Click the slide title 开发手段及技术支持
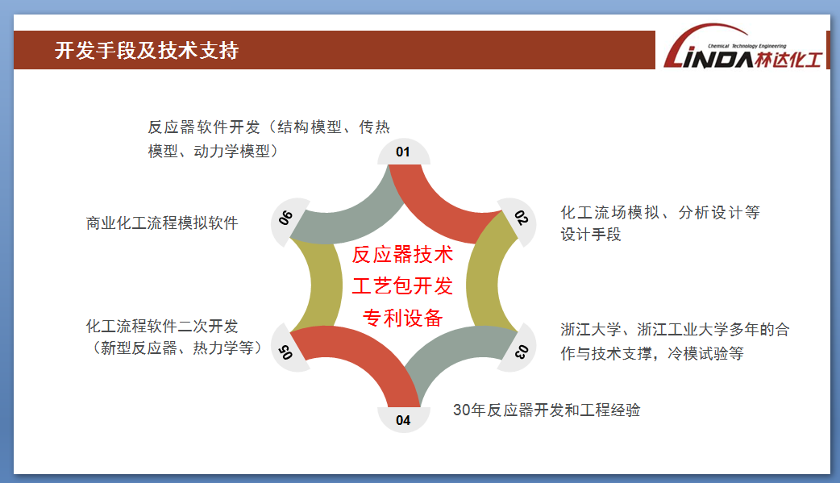[146, 50]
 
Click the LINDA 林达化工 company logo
[743, 48]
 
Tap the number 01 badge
[403, 152]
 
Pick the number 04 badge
[403, 419]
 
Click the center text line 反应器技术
[403, 255]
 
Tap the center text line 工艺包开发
[403, 286]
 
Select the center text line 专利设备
[403, 318]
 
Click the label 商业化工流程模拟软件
[162, 223]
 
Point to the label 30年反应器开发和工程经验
[547, 410]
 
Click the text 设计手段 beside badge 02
[591, 235]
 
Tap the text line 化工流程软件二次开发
[162, 326]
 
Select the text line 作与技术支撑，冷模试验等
[652, 354]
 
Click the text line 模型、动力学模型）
[213, 151]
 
